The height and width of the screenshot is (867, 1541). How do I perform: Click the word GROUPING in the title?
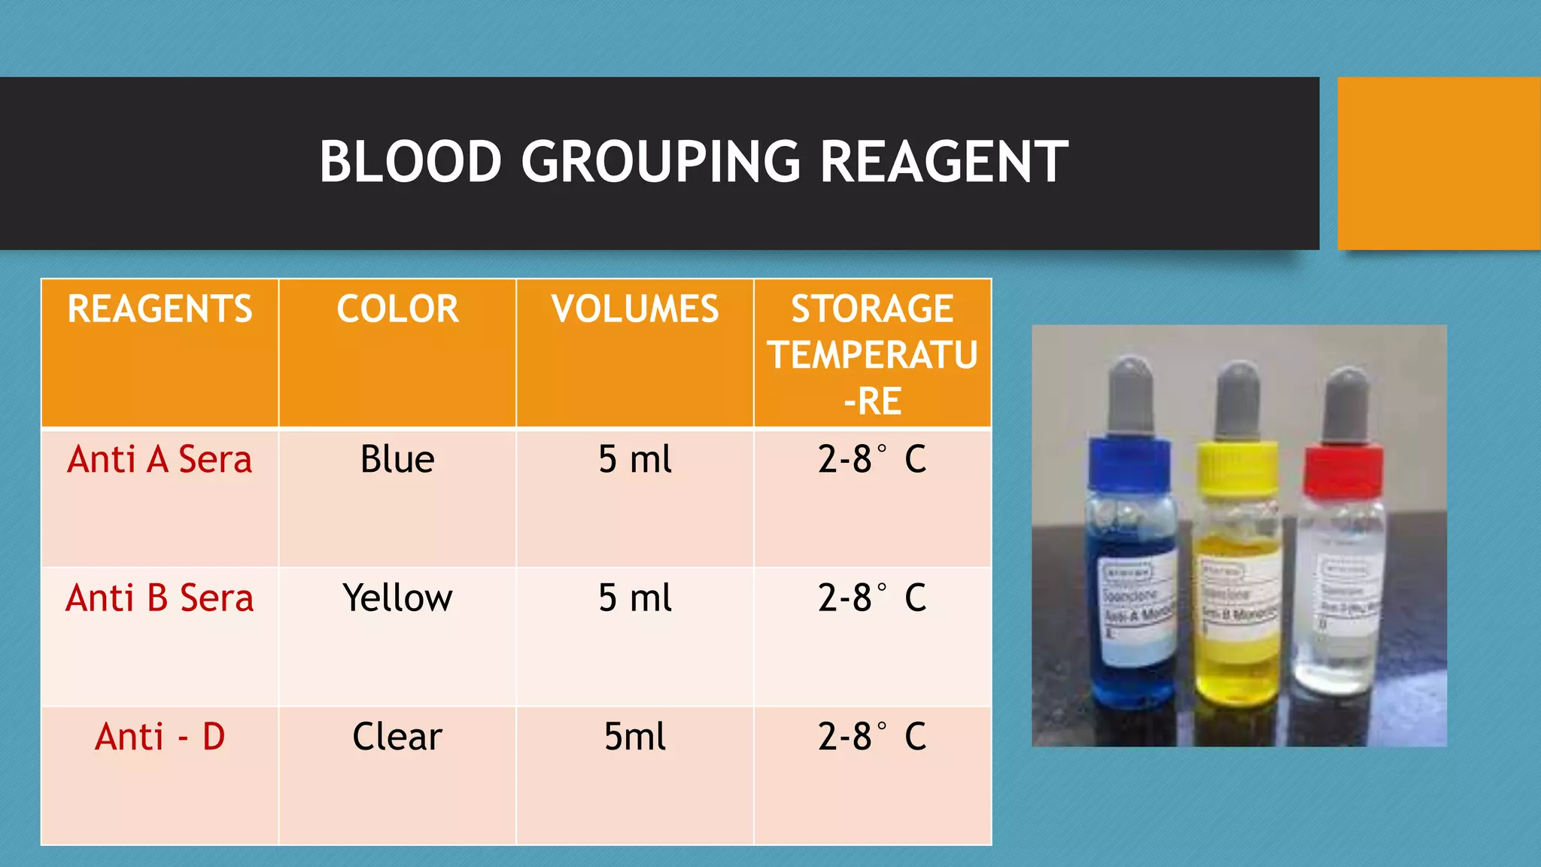coord(661,162)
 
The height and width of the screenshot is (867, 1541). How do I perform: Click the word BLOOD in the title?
coord(410,162)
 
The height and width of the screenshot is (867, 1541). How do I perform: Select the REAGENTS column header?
coord(160,309)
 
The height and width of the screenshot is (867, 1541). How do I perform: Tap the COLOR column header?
coord(397,309)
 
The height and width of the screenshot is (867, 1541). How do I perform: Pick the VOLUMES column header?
coord(635,309)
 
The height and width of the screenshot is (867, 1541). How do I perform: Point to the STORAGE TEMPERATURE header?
coord(872,354)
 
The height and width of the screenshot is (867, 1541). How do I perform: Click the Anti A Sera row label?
coord(160,460)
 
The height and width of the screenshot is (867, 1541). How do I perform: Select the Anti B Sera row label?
coord(160,598)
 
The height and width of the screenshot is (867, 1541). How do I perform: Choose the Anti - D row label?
coord(160,737)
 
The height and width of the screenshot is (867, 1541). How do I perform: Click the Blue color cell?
coord(397,460)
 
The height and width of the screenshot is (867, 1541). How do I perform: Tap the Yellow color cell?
coord(397,598)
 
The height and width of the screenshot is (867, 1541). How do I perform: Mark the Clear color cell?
coord(397,737)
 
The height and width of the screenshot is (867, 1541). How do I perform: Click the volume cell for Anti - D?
coord(635,737)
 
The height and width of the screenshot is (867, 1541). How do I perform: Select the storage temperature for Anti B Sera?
coord(872,598)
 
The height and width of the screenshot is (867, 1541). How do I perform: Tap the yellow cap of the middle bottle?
coord(1236,468)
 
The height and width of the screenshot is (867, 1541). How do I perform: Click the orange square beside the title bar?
coord(1439,163)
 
